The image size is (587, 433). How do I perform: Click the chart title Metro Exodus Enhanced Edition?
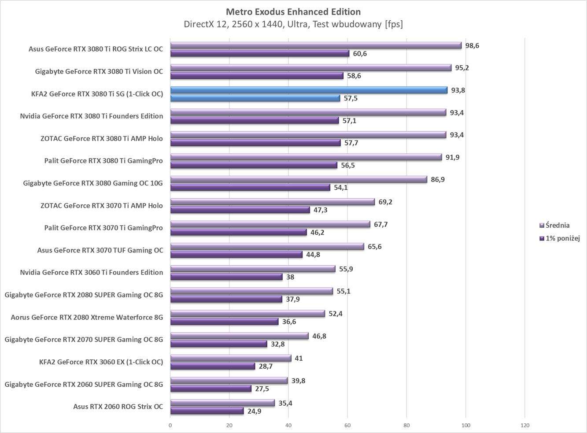coord(293,12)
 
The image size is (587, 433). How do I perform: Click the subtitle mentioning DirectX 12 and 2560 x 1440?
coord(293,24)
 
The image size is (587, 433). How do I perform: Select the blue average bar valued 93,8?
coord(308,90)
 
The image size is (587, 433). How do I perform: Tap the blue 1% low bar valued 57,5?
coord(255,98)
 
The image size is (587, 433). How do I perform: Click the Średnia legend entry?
coord(557,225)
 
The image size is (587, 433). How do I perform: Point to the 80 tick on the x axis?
coord(406,426)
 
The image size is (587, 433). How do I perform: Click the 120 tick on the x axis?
coord(524,426)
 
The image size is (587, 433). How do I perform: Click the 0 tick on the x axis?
coord(170,426)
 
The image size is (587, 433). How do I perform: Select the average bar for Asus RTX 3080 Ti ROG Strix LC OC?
coord(316,45)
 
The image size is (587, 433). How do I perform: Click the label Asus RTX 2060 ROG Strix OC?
coord(118,407)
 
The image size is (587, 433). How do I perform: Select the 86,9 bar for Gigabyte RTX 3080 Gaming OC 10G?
coord(299,179)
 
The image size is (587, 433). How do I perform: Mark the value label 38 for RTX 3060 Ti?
coord(290,277)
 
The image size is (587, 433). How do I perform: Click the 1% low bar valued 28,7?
coord(213,366)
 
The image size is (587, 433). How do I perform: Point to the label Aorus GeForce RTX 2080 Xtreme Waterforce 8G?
coord(87,317)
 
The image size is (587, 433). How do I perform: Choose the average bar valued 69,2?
coord(273,202)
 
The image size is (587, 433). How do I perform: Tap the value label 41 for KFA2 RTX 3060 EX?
coord(299,358)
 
